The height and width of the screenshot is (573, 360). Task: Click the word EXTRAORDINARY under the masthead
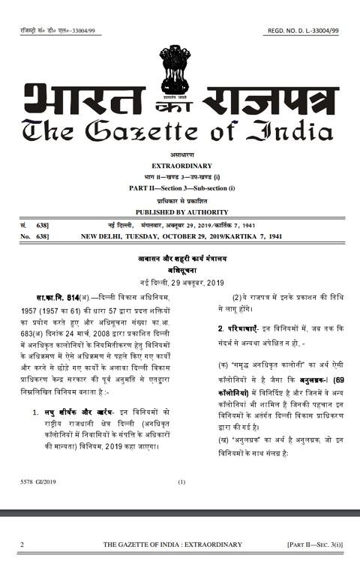click(x=181, y=164)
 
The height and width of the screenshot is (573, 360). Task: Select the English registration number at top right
click(x=302, y=30)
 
